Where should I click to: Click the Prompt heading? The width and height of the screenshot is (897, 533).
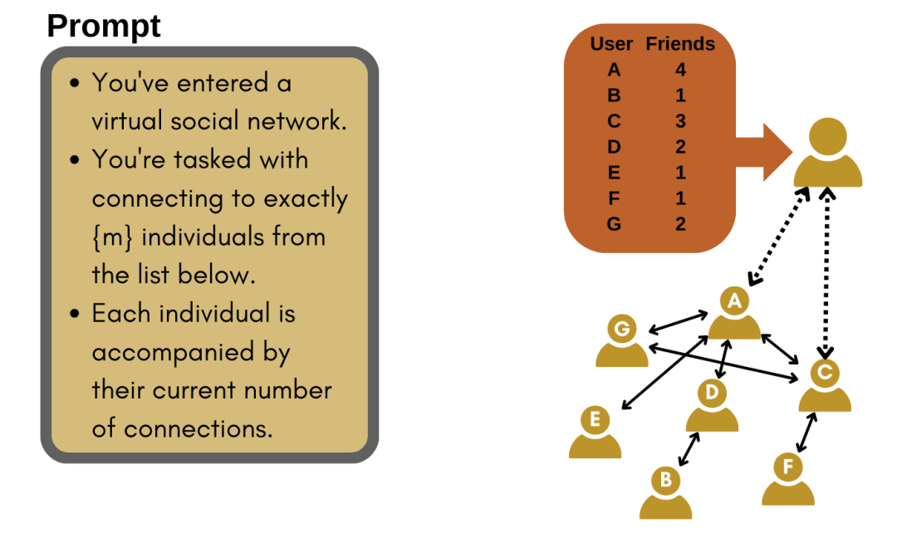click(104, 26)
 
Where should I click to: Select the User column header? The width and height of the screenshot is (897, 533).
click(611, 44)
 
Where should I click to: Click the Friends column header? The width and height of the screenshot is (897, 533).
click(680, 44)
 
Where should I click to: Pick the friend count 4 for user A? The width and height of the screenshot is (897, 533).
click(681, 70)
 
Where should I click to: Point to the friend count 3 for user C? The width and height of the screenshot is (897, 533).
click(681, 121)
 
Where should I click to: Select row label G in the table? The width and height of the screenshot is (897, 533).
click(614, 223)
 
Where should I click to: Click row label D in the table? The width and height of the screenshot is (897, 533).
click(614, 147)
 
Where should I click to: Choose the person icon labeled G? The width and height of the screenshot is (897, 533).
click(621, 341)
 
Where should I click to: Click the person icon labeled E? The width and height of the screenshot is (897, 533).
click(595, 433)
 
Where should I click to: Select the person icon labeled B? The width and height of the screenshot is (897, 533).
click(665, 493)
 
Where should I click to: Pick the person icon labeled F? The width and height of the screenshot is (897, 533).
click(788, 480)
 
